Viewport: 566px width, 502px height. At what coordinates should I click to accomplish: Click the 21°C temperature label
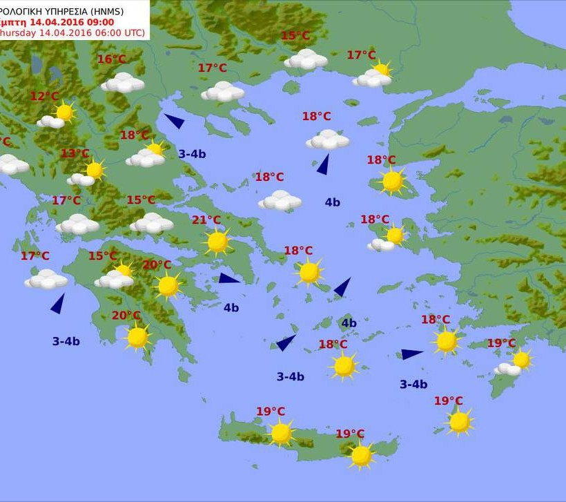pos(206,220)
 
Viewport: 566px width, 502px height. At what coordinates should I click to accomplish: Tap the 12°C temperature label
pos(44,97)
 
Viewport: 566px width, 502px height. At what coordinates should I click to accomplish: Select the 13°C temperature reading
pos(75,153)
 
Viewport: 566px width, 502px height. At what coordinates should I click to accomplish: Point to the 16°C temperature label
pos(111,59)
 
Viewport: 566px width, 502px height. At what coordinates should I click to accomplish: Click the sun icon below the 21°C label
pos(217,242)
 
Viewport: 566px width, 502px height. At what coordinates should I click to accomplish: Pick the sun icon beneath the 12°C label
pos(64,112)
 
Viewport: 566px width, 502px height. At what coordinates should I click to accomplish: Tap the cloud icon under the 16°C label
pos(123,84)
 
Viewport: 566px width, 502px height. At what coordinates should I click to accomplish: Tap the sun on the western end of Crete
pos(280,433)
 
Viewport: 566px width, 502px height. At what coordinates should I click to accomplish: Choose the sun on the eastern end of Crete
pos(360,455)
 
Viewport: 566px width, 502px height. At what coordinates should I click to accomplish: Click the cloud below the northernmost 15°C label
pos(306,59)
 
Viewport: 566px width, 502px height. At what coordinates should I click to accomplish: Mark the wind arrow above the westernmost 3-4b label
pos(58,303)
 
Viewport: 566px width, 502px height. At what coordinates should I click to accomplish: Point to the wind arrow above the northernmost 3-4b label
pos(174,121)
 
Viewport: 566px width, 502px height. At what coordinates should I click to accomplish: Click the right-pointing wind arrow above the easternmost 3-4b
pos(411,354)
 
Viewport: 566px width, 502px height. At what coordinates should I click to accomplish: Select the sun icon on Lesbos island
pos(392,181)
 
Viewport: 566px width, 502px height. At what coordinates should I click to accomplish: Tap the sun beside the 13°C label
pos(95,169)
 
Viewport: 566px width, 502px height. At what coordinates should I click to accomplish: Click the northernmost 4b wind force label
pos(332,202)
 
